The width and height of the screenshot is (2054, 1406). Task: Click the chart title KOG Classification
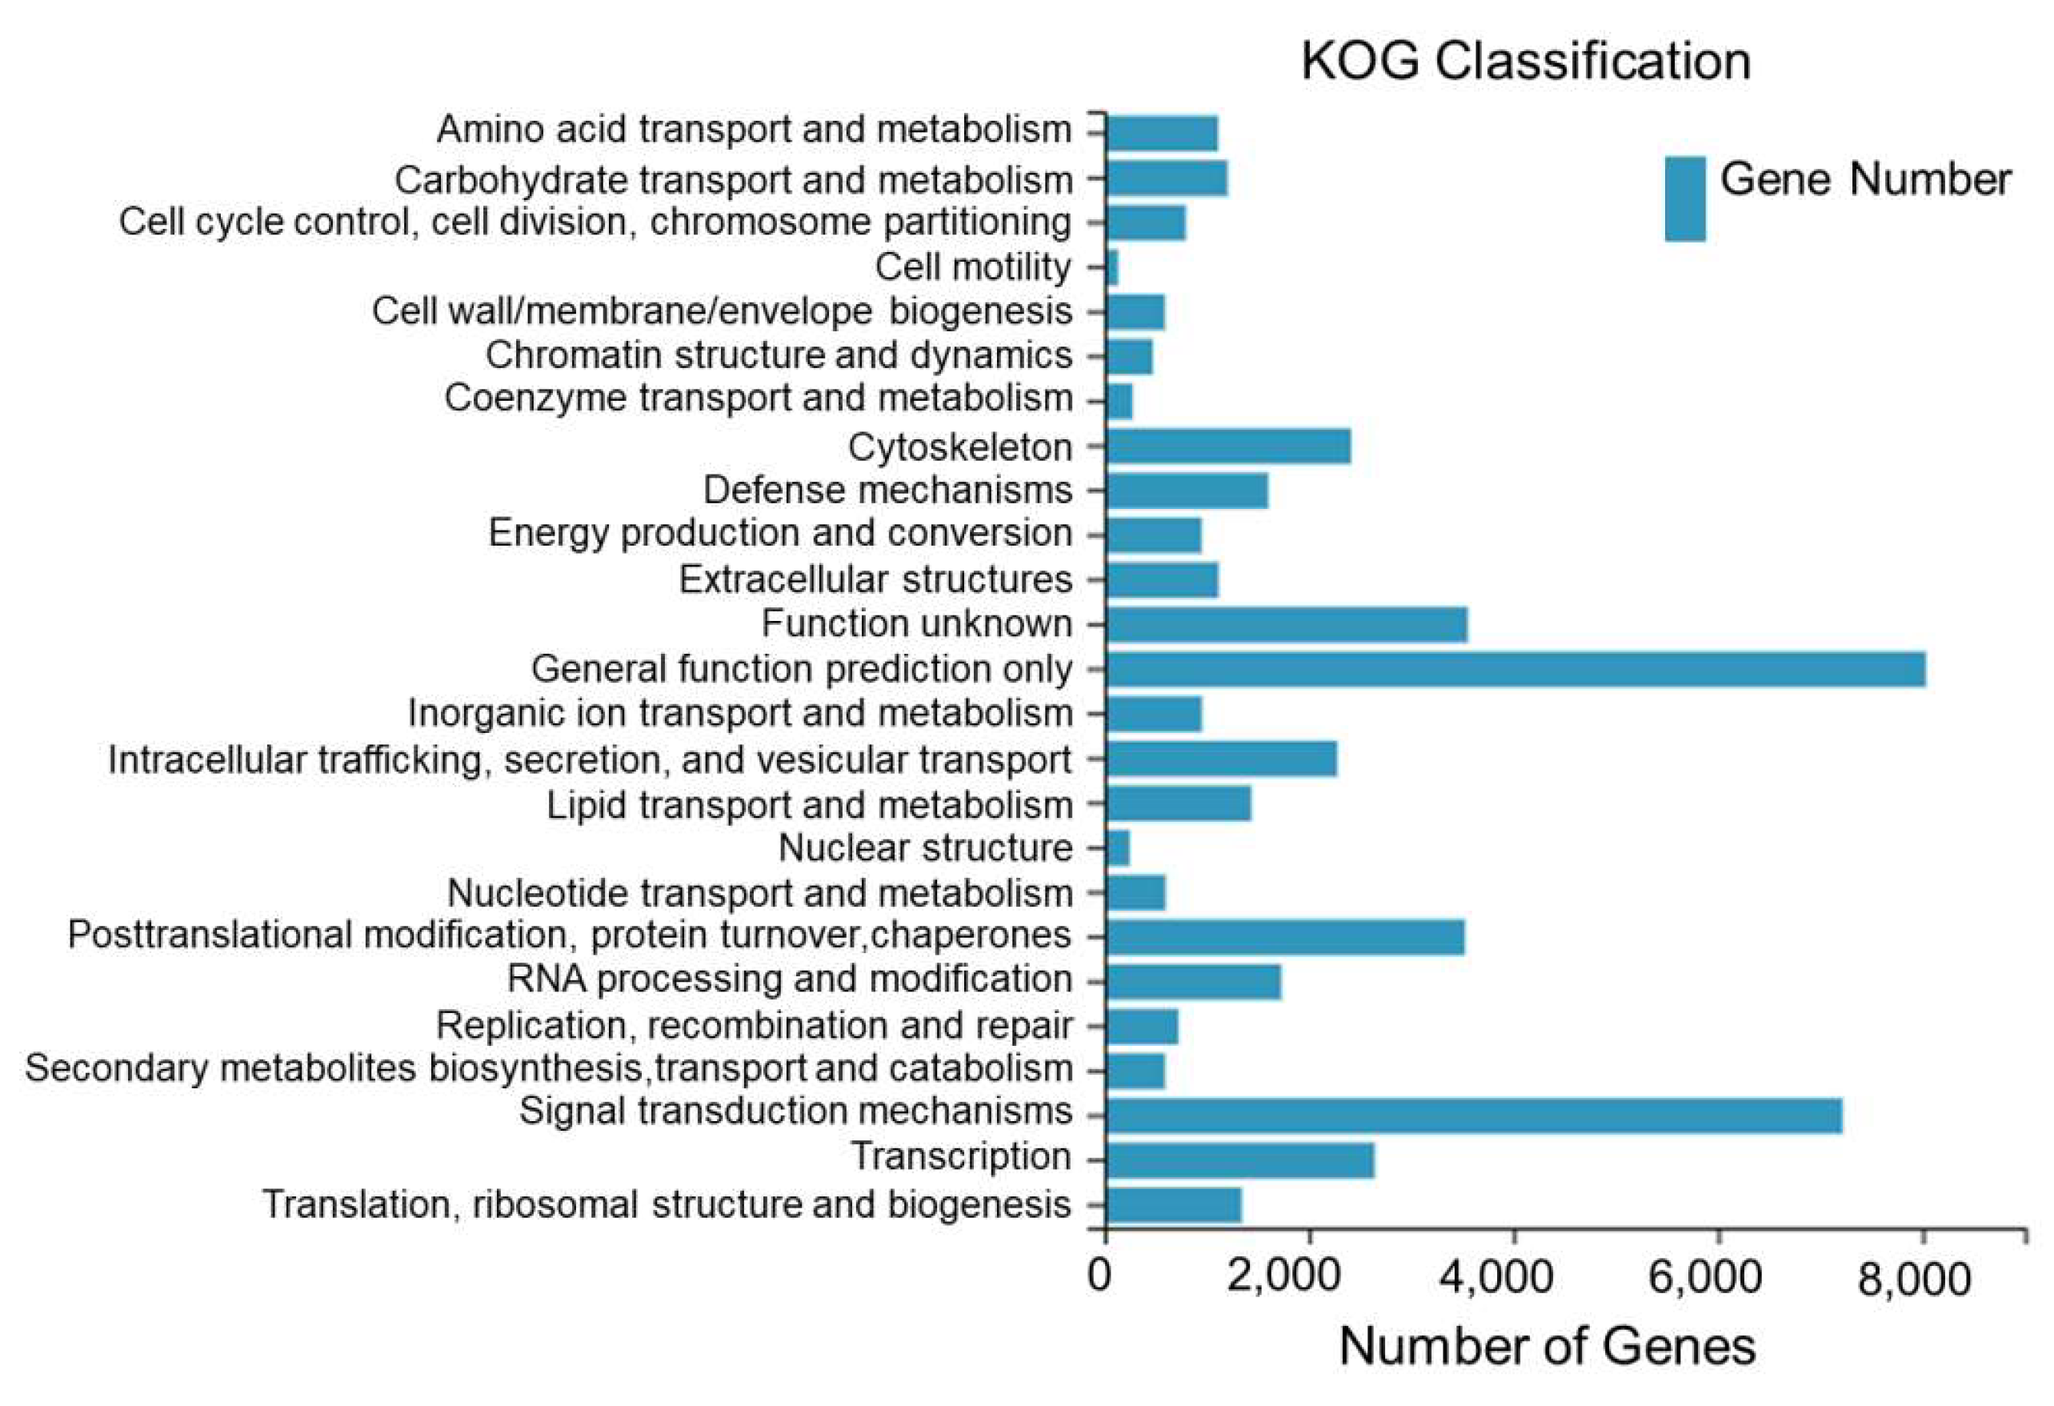pos(1525,62)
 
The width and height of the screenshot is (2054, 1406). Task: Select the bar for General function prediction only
pos(1515,669)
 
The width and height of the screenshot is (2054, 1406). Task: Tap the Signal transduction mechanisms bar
pos(1472,1116)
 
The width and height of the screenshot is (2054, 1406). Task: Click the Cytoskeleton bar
pos(1227,447)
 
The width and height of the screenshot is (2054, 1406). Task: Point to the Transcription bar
pos(1239,1160)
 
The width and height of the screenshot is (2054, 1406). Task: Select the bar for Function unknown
pos(1286,624)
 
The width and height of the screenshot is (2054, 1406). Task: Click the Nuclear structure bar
pos(1117,848)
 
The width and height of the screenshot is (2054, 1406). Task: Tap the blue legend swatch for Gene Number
pos(1684,198)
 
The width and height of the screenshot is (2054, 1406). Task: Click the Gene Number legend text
pos(1865,179)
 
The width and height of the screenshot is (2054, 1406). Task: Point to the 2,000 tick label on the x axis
pos(1308,1278)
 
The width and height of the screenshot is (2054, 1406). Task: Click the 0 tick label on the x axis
pos(1100,1276)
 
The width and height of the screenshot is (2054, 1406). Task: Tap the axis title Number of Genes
pos(1547,1347)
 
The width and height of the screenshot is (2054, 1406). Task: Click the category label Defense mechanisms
pos(887,490)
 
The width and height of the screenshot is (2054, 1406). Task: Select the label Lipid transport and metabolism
pos(810,805)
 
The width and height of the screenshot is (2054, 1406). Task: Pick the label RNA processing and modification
pos(789,979)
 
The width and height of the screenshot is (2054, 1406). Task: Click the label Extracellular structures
pos(875,579)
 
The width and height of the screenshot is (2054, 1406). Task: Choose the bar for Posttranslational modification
pos(1284,937)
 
